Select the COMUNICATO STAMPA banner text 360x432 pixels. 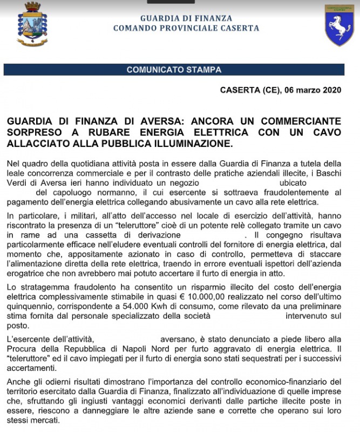[x=174, y=70]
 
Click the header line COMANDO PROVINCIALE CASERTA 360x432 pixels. [x=186, y=28]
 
